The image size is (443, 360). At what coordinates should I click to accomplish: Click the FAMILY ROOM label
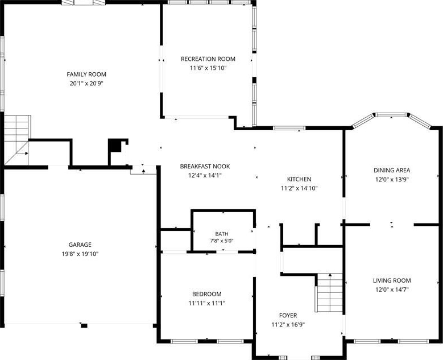86,75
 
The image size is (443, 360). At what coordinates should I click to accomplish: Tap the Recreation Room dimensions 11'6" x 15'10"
208,68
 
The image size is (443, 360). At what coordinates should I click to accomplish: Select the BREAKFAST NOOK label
205,167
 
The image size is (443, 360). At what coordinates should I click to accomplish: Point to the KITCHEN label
299,179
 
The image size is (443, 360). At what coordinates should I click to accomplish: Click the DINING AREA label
392,171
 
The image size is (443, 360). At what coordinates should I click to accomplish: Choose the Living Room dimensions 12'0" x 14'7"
392,289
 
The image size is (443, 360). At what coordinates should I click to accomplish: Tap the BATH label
222,234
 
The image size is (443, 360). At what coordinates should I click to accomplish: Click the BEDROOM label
207,294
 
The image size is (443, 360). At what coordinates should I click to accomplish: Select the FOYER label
288,316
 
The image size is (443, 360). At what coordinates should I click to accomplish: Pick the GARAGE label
80,245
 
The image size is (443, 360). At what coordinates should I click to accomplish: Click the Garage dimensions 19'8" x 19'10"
80,254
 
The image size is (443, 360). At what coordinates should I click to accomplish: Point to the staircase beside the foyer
329,292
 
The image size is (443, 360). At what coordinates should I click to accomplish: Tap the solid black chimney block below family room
115,146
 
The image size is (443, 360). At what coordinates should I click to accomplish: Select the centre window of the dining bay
391,115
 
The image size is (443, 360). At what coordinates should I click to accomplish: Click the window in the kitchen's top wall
289,129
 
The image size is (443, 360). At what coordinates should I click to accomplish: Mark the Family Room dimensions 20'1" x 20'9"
86,84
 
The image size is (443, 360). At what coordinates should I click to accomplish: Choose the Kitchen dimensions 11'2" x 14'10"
299,188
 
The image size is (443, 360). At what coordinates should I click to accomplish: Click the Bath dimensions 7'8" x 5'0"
222,241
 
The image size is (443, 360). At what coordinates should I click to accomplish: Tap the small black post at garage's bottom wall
84,326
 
